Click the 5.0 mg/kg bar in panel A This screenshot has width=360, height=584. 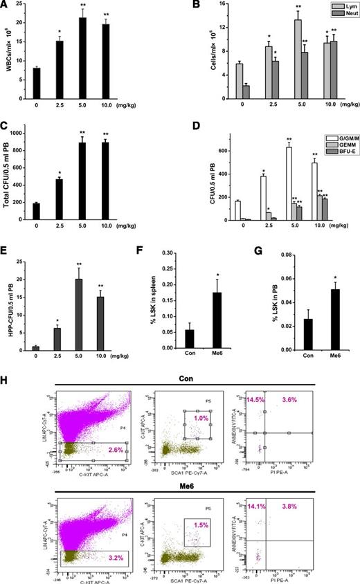pos(102,55)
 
